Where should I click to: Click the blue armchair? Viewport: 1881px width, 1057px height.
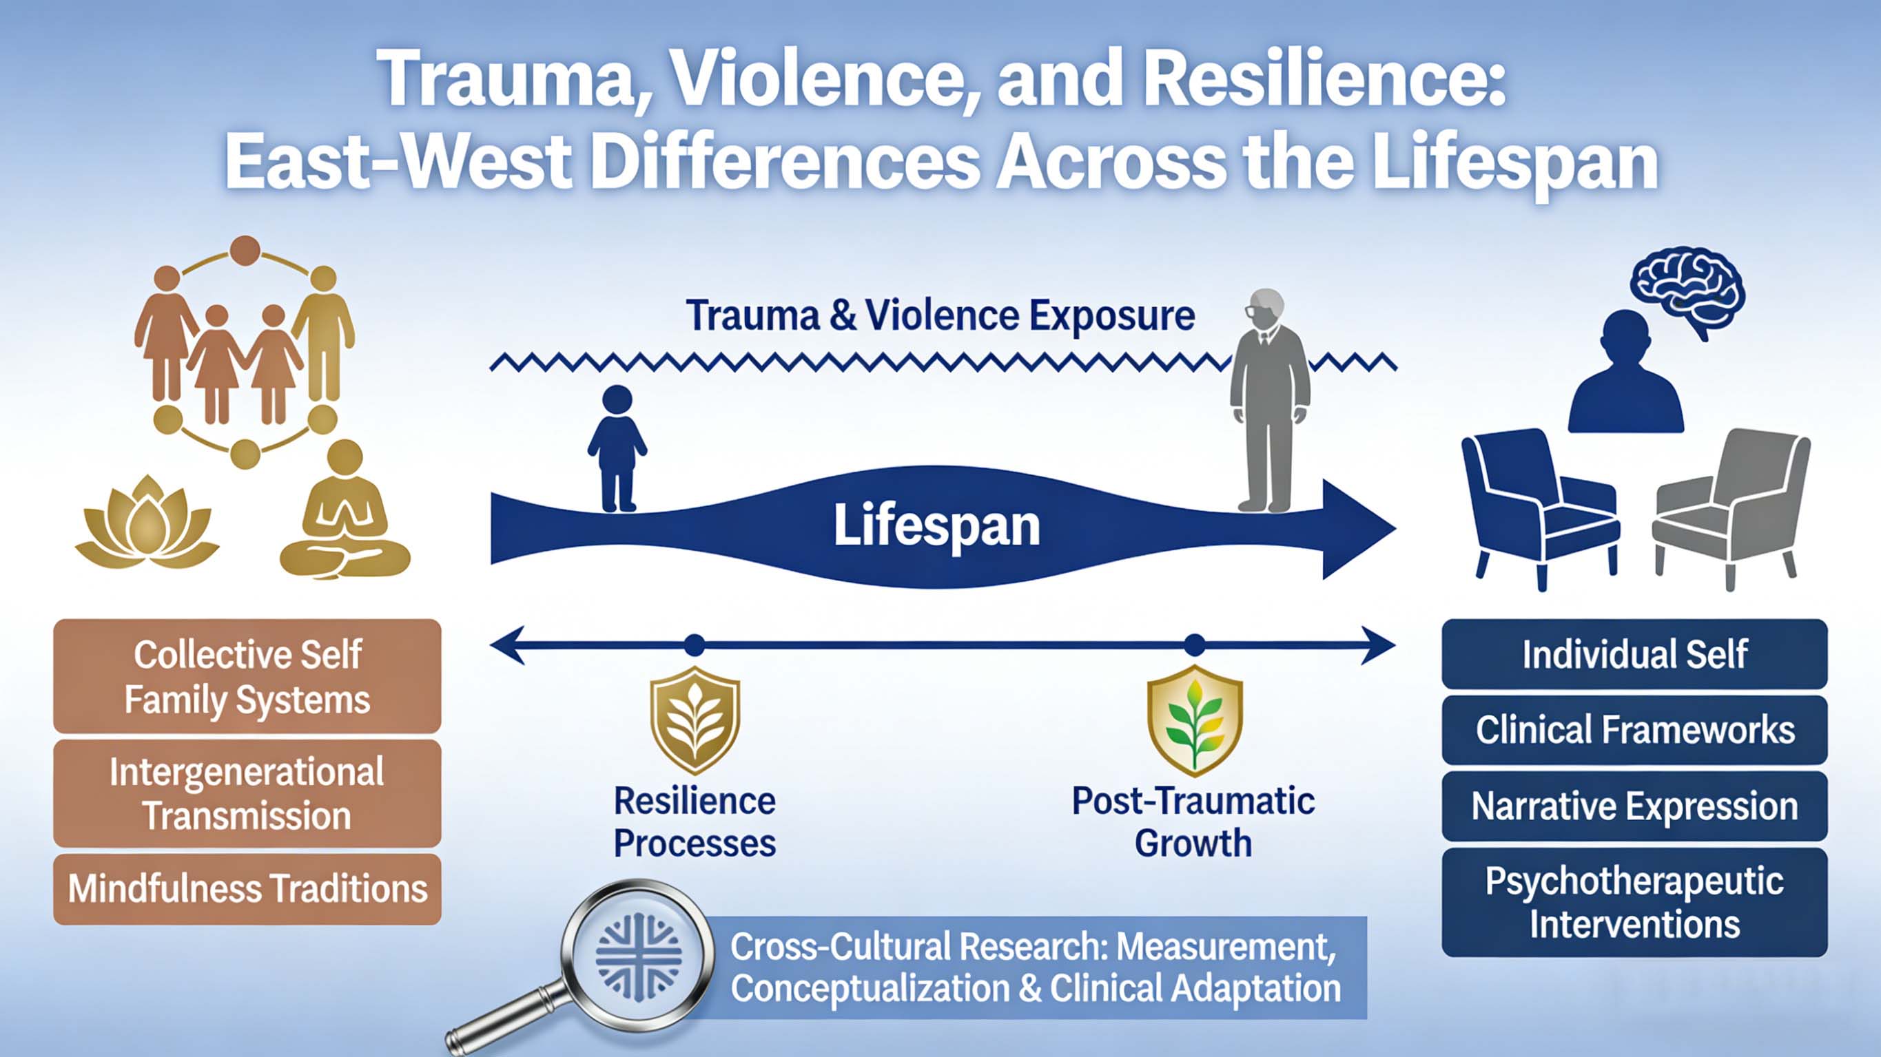(1536, 503)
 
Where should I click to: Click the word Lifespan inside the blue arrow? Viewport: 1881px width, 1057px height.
(937, 525)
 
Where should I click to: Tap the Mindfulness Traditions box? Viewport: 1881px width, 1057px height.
(247, 889)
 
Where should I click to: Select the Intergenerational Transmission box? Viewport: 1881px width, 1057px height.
(247, 793)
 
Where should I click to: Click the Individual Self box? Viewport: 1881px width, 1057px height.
(1634, 654)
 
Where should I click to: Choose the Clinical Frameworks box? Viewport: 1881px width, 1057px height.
(1634, 730)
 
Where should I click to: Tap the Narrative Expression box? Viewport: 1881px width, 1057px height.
(1634, 806)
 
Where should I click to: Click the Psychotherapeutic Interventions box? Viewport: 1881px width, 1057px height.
(1634, 902)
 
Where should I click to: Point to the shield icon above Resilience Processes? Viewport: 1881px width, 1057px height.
(695, 719)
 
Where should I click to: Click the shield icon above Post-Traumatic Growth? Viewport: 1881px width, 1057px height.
(1194, 719)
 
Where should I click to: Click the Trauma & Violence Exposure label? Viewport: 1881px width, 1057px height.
(940, 316)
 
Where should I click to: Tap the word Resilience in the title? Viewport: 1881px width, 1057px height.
(1322, 79)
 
